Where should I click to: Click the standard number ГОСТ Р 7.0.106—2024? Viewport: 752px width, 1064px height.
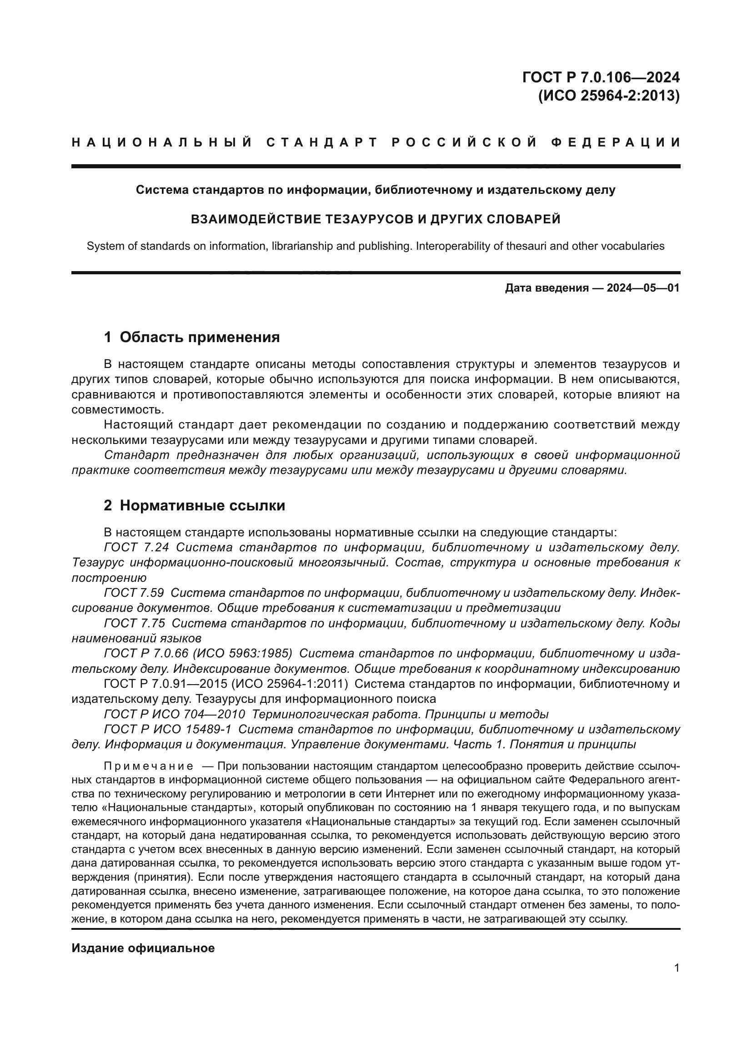tap(601, 76)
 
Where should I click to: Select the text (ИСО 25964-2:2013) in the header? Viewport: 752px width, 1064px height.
tap(608, 96)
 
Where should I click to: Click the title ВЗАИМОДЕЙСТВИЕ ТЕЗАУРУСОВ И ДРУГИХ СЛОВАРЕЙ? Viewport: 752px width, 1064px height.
tap(376, 219)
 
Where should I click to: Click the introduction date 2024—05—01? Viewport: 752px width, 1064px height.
tap(643, 288)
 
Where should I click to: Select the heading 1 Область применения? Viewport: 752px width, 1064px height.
tap(192, 337)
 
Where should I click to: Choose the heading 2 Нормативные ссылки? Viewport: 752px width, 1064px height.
tap(195, 505)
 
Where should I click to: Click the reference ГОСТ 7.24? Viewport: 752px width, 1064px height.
tap(136, 547)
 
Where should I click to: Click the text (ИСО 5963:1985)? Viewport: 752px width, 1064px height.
tap(242, 653)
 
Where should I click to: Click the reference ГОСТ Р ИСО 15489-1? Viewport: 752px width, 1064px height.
tap(167, 729)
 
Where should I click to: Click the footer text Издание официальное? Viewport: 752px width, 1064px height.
tap(143, 948)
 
